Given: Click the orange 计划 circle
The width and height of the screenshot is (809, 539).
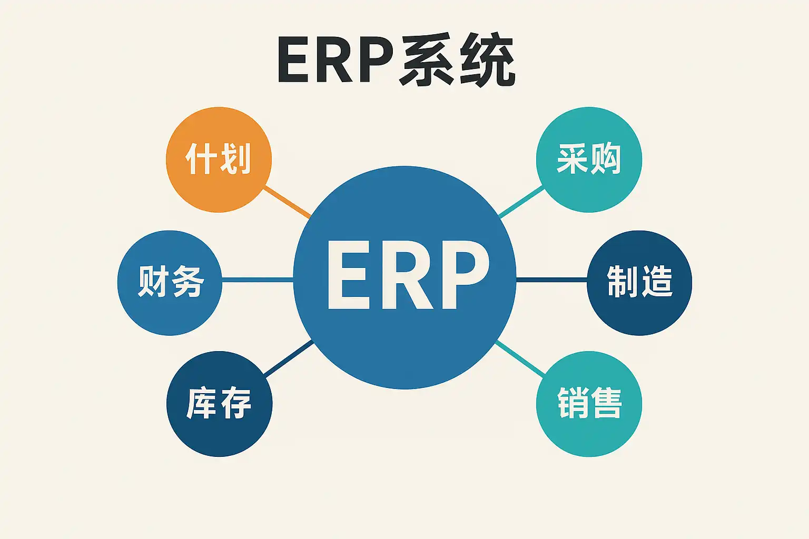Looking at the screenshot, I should (x=219, y=159).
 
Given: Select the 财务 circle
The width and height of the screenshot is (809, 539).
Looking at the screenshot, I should (x=170, y=283).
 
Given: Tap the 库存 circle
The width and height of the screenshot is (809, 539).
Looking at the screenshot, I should (x=219, y=404).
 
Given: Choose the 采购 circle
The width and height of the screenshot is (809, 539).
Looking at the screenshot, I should (x=589, y=159).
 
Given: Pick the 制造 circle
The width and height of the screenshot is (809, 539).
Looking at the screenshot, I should (x=639, y=283).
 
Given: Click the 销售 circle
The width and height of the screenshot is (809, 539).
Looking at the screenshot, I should (x=589, y=404).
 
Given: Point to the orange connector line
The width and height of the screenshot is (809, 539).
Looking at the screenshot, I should (x=287, y=201).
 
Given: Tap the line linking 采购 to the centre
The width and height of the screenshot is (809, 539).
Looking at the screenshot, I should (x=520, y=201).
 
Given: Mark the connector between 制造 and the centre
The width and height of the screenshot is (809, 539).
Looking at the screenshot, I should (x=551, y=279).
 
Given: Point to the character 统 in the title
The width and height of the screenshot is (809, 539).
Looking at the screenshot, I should (x=487, y=61).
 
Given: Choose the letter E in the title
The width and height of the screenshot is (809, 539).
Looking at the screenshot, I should (x=293, y=61).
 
